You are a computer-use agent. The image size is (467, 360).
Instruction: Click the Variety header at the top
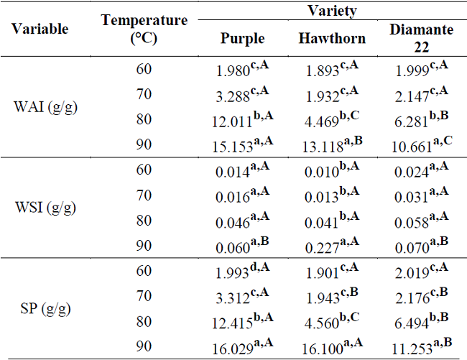click(x=332, y=10)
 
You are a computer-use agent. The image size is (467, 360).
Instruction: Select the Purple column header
click(x=242, y=38)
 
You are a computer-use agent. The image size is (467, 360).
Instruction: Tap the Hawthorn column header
click(x=332, y=38)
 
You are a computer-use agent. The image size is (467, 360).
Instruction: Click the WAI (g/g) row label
click(x=46, y=107)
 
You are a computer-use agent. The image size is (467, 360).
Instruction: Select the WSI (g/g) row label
click(x=45, y=208)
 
